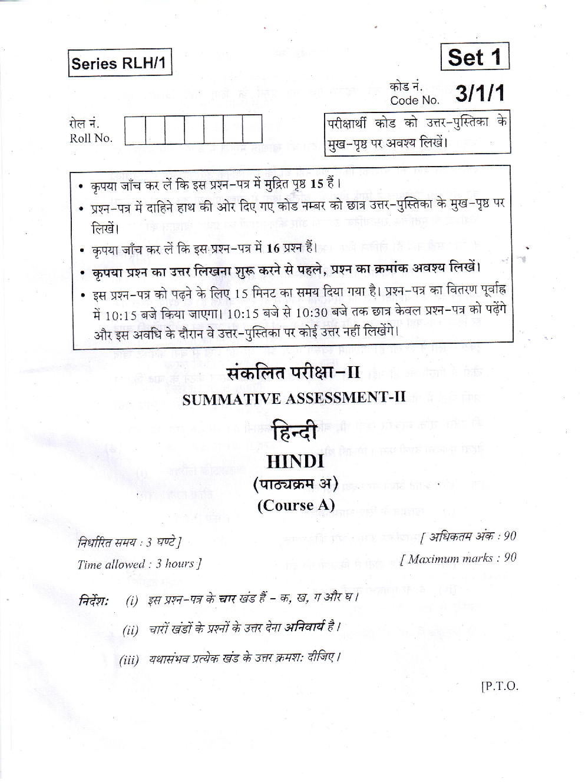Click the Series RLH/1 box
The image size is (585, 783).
[x=120, y=62]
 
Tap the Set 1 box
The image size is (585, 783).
[x=474, y=57]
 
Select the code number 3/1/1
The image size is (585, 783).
[x=480, y=93]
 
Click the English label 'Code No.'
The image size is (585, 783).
[x=415, y=100]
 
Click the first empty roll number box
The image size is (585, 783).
[x=135, y=130]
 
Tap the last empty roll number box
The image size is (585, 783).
[x=252, y=130]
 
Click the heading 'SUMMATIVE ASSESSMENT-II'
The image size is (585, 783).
[x=294, y=398]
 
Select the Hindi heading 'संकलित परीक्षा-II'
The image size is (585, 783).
[x=293, y=373]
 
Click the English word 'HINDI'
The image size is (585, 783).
[x=295, y=461]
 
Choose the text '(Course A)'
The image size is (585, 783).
[x=296, y=505]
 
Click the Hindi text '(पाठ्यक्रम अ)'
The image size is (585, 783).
[x=296, y=484]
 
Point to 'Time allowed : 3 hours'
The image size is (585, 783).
[x=139, y=564]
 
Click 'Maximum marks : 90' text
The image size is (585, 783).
[x=458, y=558]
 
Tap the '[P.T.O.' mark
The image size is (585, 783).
[x=500, y=686]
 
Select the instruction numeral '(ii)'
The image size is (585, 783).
[x=131, y=629]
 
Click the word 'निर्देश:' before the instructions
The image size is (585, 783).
[x=94, y=600]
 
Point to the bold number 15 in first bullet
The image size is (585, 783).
[x=317, y=184]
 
